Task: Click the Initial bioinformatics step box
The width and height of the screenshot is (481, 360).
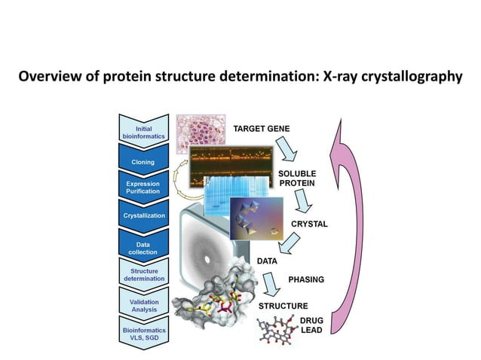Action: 143,130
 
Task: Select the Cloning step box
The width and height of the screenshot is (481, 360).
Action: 143,161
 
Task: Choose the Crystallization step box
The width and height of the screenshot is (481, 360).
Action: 143,216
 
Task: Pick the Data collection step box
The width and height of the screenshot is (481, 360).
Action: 143,246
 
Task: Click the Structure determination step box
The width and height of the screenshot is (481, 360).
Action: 143,274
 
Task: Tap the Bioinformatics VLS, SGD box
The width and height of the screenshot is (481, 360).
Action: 143,334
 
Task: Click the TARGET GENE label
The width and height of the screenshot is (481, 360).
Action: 262,130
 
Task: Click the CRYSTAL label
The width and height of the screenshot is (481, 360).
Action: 309,224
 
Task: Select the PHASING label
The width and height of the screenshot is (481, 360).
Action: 306,279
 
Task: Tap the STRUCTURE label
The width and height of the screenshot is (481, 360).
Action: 283,306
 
